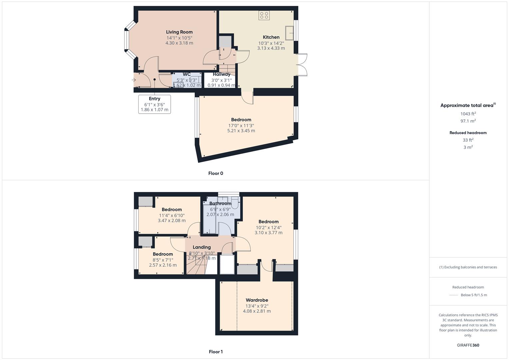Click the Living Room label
[x=179, y=32]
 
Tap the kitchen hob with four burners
[x=264, y=15]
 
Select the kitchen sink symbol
[x=289, y=33]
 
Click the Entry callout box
[x=154, y=104]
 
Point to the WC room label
[x=187, y=74]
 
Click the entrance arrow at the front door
[x=134, y=80]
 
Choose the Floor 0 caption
[x=216, y=173]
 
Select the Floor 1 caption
[x=216, y=352]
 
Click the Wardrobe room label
[x=257, y=300]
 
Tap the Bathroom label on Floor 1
[x=220, y=203]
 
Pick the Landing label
[x=202, y=247]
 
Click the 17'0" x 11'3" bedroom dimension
[x=241, y=126]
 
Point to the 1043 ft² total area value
[x=468, y=114]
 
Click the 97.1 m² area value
[x=468, y=121]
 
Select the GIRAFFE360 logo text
[x=468, y=345]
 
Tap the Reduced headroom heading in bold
[x=468, y=133]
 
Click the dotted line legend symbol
[x=454, y=295]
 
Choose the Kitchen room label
[x=271, y=37]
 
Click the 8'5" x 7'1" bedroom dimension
[x=163, y=260]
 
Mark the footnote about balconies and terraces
[x=468, y=267]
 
